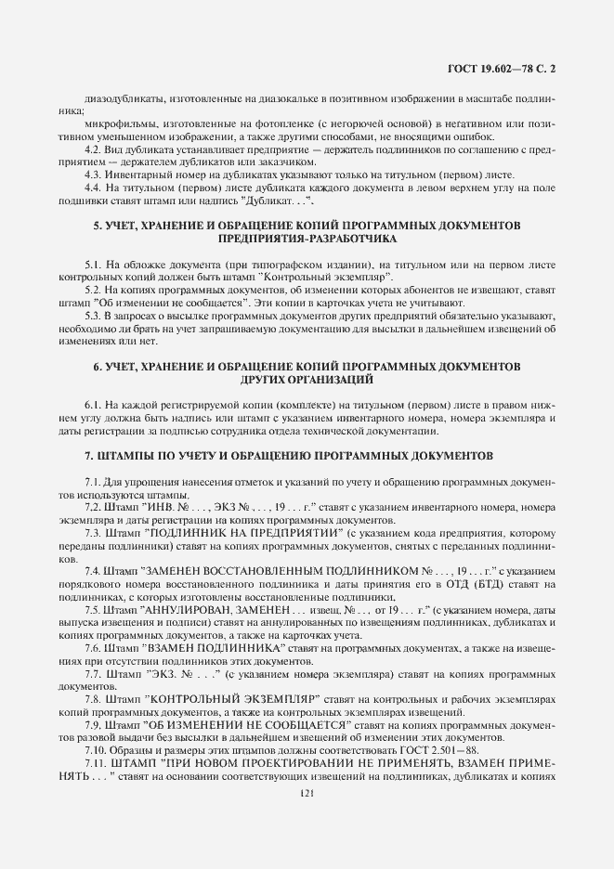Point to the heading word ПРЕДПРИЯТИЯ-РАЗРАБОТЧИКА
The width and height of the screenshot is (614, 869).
(x=307, y=239)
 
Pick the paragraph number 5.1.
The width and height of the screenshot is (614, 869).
(x=94, y=266)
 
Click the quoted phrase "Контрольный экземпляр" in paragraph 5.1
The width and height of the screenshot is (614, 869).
(x=325, y=278)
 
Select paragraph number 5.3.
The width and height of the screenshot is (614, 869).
(x=94, y=316)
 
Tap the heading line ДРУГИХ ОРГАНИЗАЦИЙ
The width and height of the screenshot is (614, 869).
(x=307, y=380)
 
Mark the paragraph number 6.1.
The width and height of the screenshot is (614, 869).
(x=94, y=407)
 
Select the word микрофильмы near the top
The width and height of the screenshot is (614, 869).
(x=115, y=124)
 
